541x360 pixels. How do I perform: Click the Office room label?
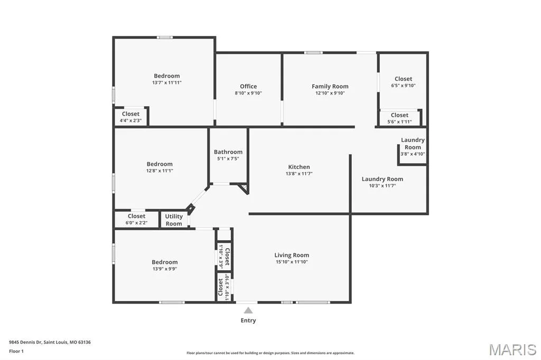coord(248,86)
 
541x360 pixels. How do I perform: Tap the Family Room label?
coord(330,86)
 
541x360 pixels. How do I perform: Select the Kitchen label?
coord(299,167)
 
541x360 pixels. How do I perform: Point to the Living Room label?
coord(292,255)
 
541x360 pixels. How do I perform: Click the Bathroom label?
coord(228,151)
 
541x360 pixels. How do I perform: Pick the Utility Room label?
coord(173,220)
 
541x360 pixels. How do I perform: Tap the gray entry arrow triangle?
coord(248,310)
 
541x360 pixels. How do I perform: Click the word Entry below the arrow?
coord(248,320)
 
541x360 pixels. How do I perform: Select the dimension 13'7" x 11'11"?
coord(167,83)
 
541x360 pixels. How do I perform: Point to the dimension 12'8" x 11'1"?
coord(160,170)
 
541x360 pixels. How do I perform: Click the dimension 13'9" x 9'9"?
coord(165,269)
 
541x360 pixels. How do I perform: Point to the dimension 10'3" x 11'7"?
coord(383,186)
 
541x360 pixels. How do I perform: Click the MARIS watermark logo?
coord(512,349)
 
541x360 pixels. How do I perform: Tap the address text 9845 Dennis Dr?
coord(25,343)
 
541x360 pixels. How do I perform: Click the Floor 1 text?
coord(16,352)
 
